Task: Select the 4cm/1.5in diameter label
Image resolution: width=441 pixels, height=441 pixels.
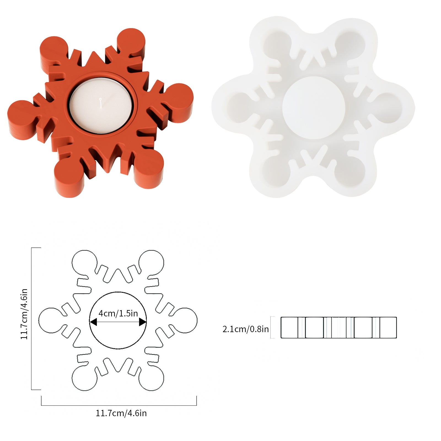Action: pyautogui.click(x=118, y=313)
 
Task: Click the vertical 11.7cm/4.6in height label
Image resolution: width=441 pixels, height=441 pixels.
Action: pyautogui.click(x=24, y=314)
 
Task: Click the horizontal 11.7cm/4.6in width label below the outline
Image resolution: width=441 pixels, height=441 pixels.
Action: pyautogui.click(x=121, y=413)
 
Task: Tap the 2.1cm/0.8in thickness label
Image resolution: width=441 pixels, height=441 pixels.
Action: pyautogui.click(x=245, y=329)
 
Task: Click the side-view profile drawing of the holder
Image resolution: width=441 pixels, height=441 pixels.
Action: pyautogui.click(x=338, y=327)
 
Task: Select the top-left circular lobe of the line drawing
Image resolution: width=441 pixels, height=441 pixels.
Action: pyautogui.click(x=84, y=262)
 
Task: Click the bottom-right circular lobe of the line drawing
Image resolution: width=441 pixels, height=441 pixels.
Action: pyautogui.click(x=151, y=378)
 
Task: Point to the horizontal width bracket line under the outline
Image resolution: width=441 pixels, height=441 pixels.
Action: pyautogui.click(x=119, y=405)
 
